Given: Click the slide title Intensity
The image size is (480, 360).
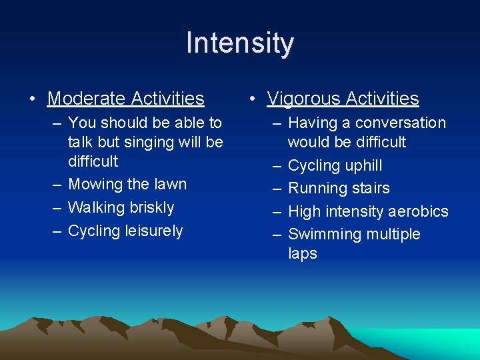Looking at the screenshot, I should (239, 43).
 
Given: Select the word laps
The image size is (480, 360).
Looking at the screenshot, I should (302, 254).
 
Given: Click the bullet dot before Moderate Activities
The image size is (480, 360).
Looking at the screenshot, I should (32, 99).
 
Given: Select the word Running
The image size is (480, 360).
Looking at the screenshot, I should (315, 189).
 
